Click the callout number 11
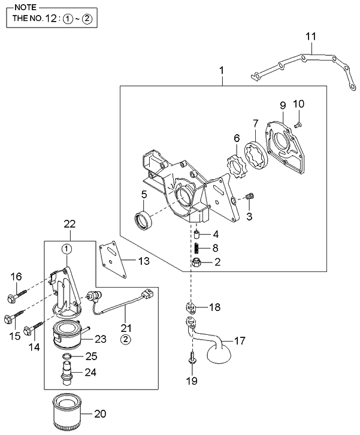[x=310, y=37]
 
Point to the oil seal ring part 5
[x=144, y=220]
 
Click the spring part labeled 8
[x=196, y=247]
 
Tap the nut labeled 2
[x=196, y=262]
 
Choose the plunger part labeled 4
[x=196, y=234]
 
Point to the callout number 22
[x=70, y=224]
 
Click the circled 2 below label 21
[x=126, y=340]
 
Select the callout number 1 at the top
[x=222, y=71]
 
